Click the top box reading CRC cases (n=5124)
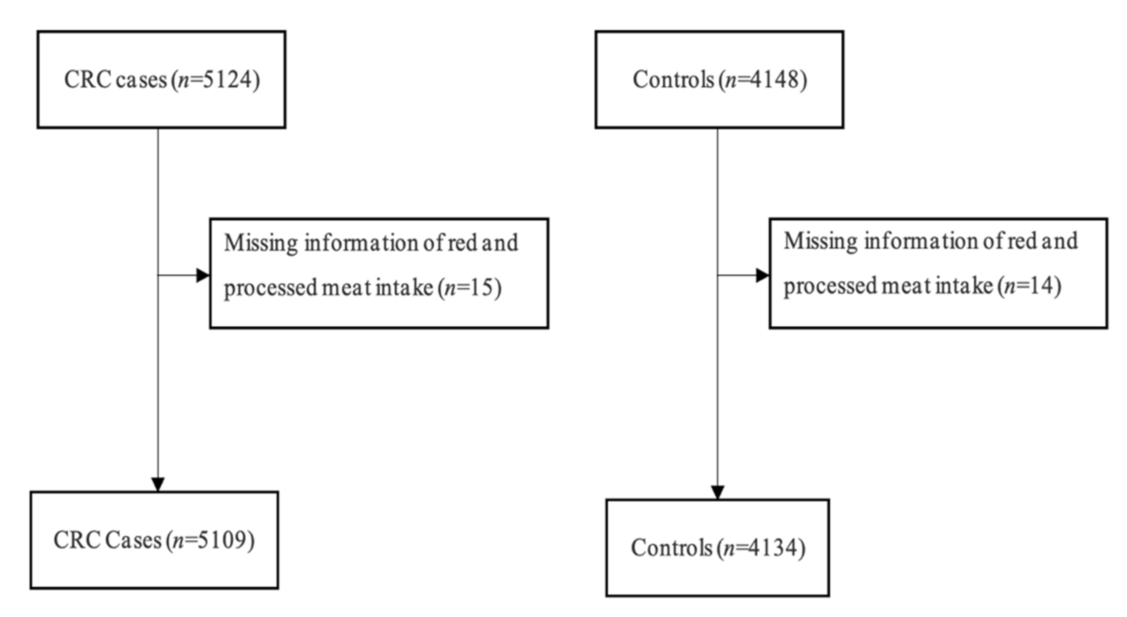click(162, 79)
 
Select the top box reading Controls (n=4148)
click(718, 79)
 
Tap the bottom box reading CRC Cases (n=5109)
click(154, 540)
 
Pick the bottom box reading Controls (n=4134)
click(717, 548)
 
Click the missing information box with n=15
click(378, 273)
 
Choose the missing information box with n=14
click(938, 273)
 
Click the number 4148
click(777, 80)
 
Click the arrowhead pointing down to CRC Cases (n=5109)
click(158, 484)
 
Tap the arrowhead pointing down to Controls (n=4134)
click(718, 492)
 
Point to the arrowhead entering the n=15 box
click(202, 275)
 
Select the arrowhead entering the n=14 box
click(762, 275)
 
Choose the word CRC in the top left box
click(82, 80)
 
